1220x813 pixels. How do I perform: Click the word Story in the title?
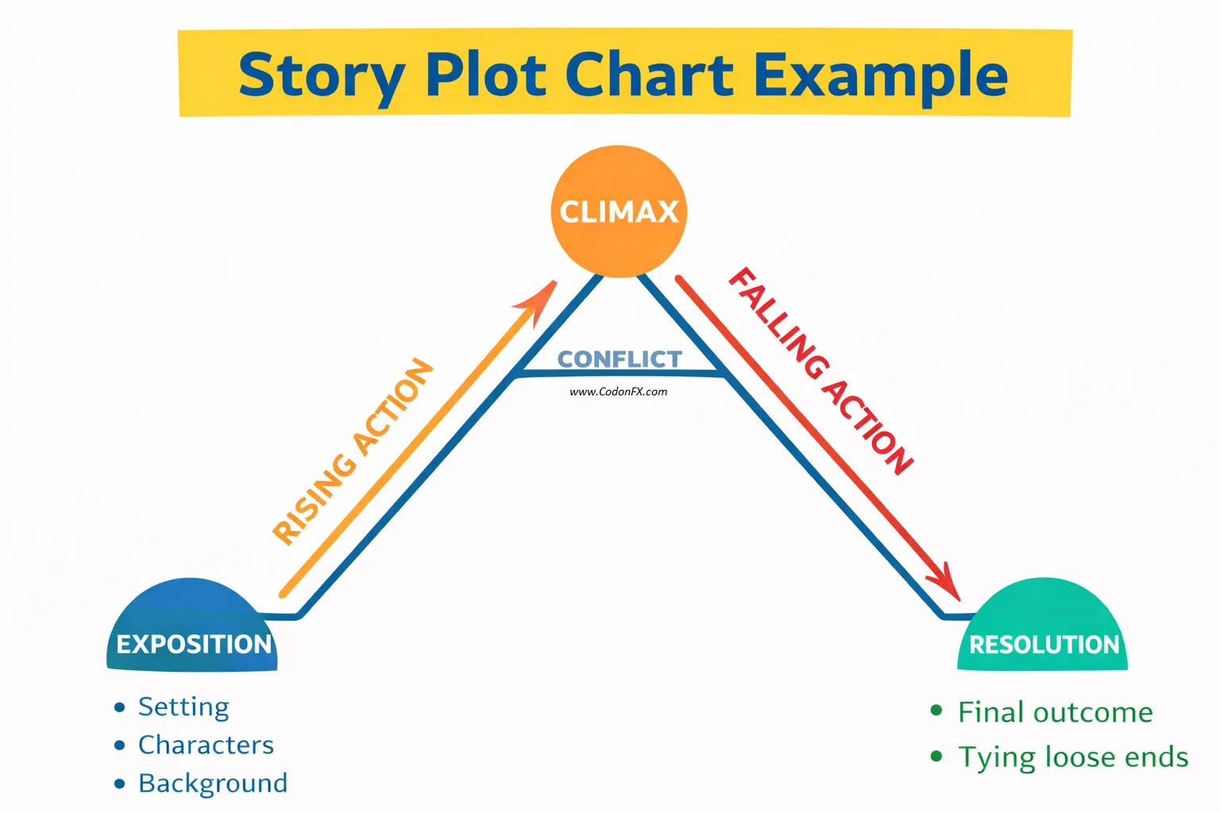click(x=321, y=76)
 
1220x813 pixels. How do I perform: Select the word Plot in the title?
click(x=486, y=75)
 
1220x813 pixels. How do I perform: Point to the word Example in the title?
click(x=880, y=76)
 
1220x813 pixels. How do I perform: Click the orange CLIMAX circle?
click(x=619, y=211)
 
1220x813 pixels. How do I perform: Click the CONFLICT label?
click(x=620, y=360)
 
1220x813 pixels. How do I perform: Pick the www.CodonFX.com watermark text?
click(x=619, y=391)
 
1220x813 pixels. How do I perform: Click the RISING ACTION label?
click(x=353, y=452)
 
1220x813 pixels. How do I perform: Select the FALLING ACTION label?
click(x=821, y=371)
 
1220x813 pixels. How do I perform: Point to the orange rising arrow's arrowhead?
click(x=542, y=297)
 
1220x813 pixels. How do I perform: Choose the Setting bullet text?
click(x=183, y=707)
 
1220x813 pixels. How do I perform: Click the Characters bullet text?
click(x=206, y=745)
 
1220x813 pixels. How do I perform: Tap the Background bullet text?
click(x=213, y=783)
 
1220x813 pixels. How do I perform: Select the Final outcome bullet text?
click(x=1055, y=712)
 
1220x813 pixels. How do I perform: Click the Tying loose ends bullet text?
click(x=1073, y=757)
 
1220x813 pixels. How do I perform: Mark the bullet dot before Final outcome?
click(x=936, y=711)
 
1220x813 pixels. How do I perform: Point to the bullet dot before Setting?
click(x=120, y=707)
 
